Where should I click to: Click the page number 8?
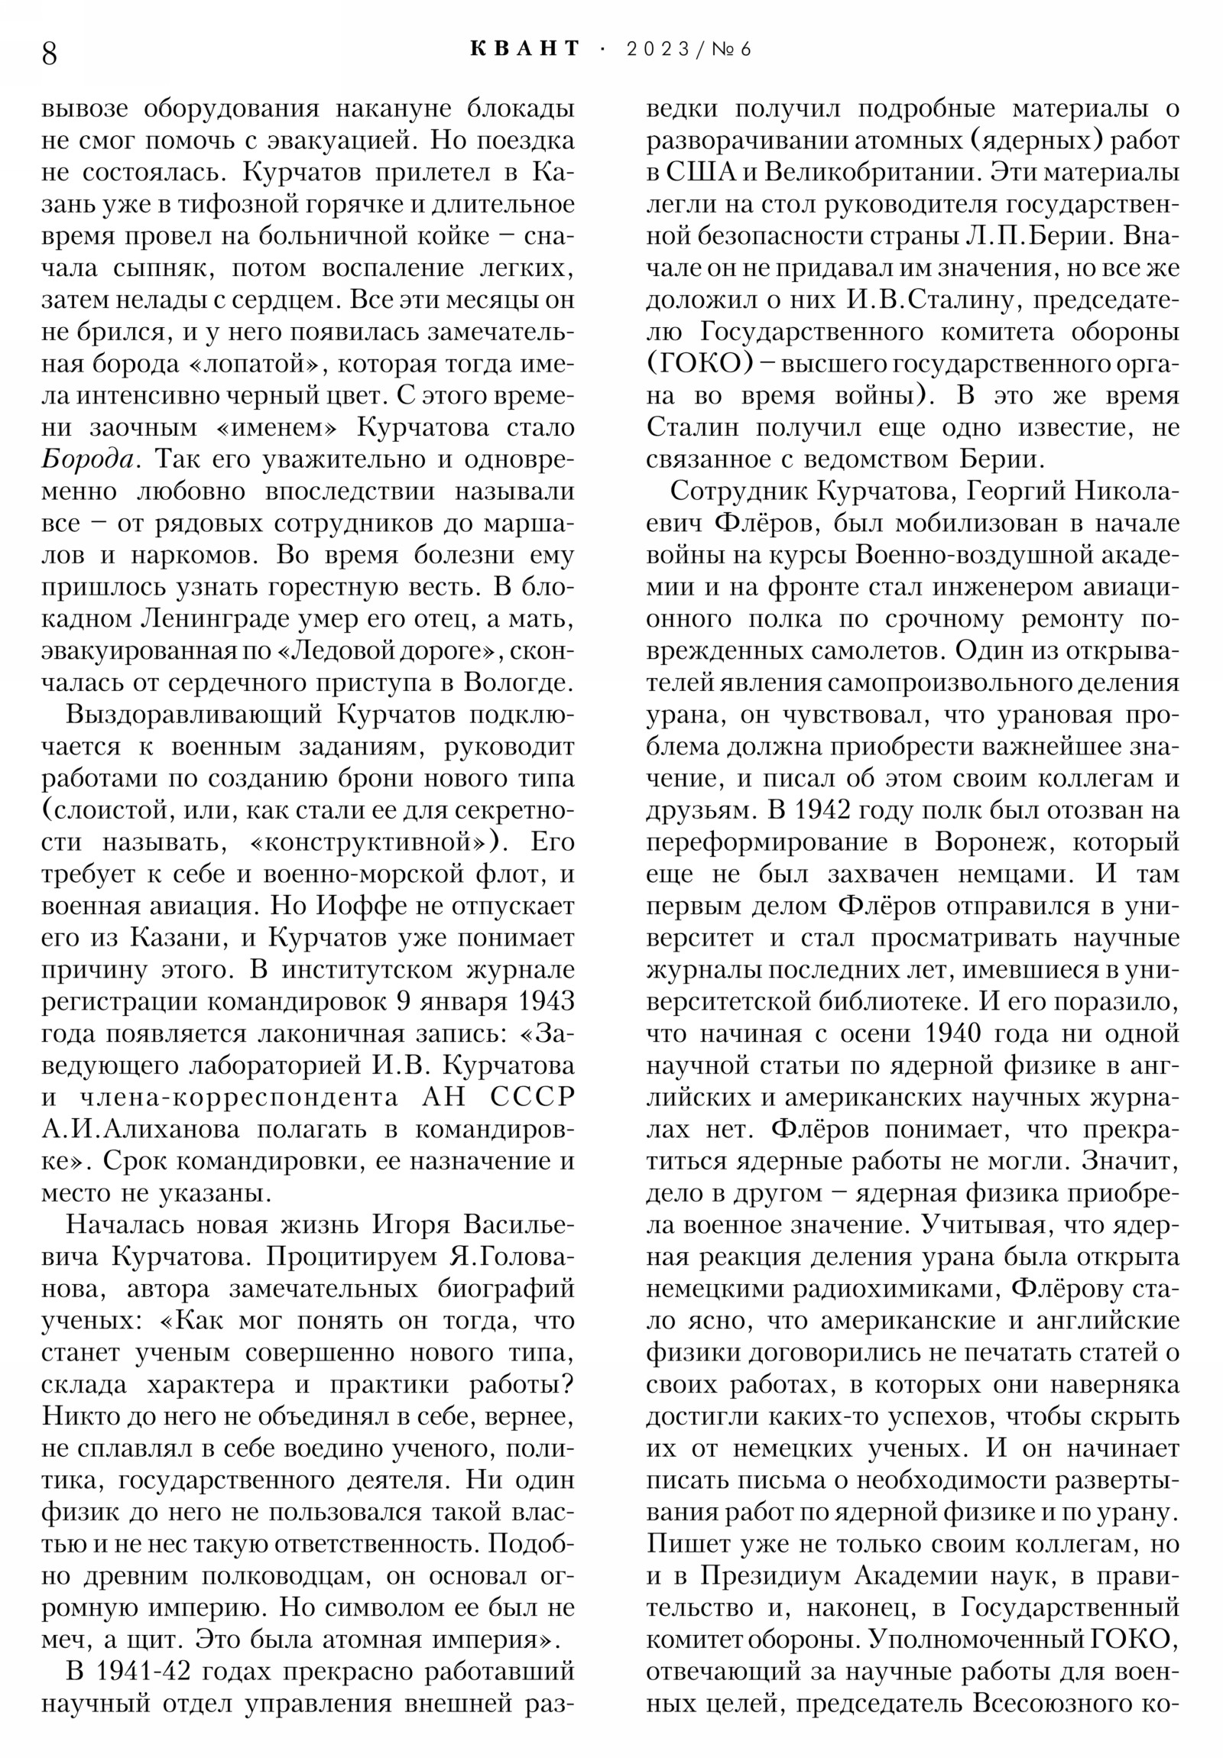(49, 54)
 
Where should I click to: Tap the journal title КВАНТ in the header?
(525, 49)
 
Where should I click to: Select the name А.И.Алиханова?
(140, 1130)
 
